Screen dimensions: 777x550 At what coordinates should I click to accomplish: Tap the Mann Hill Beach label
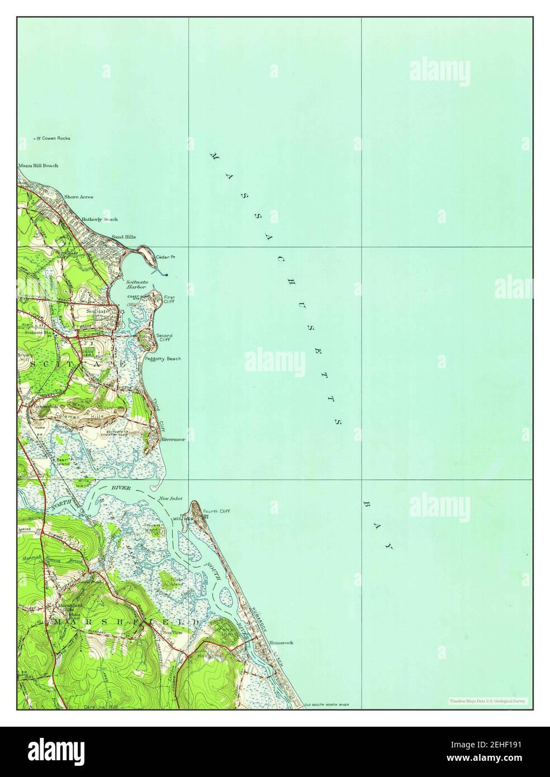pos(38,165)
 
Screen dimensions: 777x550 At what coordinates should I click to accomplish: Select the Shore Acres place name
pos(78,197)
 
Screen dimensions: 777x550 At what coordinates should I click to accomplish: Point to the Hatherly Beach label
pos(99,219)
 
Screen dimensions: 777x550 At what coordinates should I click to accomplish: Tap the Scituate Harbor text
pos(136,284)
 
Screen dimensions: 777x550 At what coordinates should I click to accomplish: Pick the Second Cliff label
pos(164,338)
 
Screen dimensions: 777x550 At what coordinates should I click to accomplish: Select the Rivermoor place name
pos(173,439)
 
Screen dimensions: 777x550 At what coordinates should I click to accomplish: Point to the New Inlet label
pos(170,498)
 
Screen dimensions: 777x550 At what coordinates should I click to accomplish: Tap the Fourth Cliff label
pos(216,511)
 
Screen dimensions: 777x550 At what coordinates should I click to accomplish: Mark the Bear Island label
pos(63,461)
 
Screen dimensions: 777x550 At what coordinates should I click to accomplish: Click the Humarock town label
pos(281,643)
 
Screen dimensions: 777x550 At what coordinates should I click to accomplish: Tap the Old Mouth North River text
pos(326,705)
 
